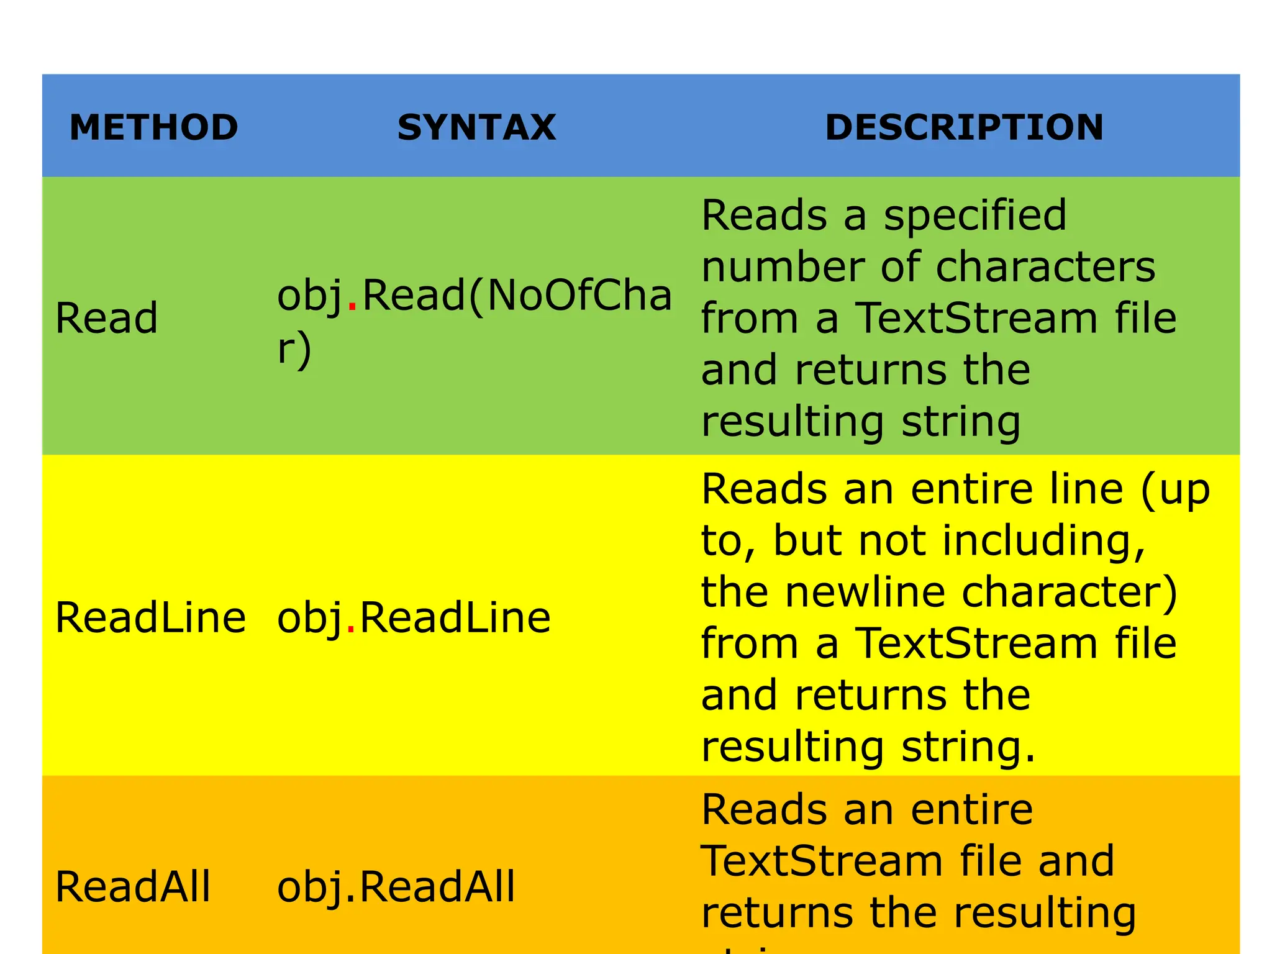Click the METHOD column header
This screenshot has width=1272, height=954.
tap(154, 127)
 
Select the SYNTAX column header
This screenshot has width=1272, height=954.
tap(476, 127)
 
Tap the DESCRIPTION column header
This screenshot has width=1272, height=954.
tap(964, 127)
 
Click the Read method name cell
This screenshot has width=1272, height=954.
tap(106, 318)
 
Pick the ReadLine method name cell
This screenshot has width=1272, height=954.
tap(150, 618)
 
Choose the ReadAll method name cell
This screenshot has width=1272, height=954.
tap(133, 886)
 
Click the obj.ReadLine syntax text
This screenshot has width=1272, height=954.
tap(414, 618)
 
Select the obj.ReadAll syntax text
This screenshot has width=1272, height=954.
tap(396, 886)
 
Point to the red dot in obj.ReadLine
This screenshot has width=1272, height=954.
tap(351, 630)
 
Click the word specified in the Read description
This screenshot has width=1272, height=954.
tap(974, 216)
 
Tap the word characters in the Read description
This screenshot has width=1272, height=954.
tap(1045, 267)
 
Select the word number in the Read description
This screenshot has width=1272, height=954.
tap(783, 267)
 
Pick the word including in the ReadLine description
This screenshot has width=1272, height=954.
tap(1043, 541)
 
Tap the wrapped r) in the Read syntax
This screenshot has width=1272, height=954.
tap(294, 349)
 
